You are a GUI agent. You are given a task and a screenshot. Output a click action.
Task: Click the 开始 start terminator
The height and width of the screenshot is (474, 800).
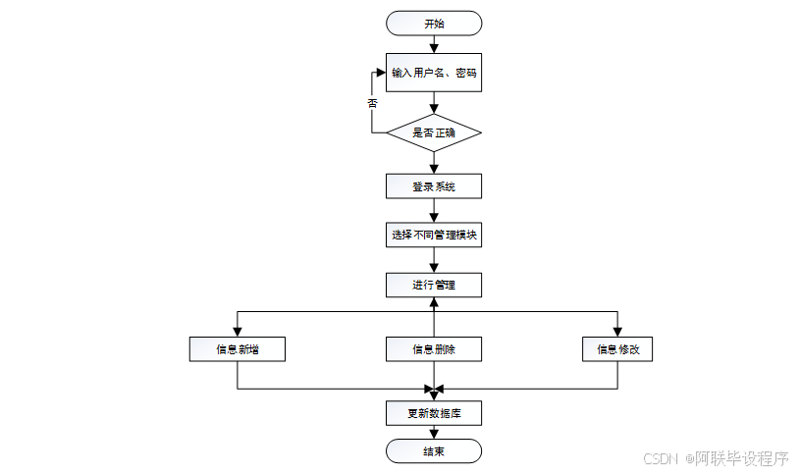coord(433,23)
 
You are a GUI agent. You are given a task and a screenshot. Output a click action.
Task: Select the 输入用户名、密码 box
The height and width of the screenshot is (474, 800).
coord(433,72)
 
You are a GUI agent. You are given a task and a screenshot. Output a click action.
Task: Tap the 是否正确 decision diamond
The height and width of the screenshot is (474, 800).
coord(433,132)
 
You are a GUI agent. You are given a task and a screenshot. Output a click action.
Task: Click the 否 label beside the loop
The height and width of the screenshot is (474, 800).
coord(373,102)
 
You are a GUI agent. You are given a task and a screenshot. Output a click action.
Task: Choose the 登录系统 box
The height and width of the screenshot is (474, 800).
coord(433,186)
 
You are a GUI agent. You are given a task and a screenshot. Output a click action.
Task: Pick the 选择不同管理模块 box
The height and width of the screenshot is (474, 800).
coord(433,235)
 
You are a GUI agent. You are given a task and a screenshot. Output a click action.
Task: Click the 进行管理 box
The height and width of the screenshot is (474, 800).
coord(433,285)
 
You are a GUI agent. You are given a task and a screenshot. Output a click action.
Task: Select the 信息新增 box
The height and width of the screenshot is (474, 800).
coord(238,348)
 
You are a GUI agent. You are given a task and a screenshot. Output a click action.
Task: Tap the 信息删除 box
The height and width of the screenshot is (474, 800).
coord(433,348)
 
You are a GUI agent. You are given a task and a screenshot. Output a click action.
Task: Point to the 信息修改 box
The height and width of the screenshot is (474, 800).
coord(617,348)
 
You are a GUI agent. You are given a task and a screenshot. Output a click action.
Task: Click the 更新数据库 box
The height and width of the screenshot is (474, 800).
coord(433,413)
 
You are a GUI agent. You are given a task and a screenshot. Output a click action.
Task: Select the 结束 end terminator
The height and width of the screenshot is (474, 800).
coord(433,450)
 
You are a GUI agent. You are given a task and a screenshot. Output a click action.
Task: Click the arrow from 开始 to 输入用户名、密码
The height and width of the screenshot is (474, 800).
coord(433,43)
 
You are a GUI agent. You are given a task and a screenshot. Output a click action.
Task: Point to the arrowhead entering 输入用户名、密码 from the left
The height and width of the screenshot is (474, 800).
coord(380,72)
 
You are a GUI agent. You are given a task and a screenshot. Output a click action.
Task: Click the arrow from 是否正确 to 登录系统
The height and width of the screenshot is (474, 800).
coord(433,163)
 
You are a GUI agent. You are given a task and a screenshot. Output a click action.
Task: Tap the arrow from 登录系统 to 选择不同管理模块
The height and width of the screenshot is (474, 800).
coord(433,211)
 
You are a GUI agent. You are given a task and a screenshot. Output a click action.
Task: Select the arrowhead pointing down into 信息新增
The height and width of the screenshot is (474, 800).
coord(238,331)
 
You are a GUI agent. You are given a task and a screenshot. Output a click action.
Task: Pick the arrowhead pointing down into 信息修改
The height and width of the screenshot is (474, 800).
coord(617,331)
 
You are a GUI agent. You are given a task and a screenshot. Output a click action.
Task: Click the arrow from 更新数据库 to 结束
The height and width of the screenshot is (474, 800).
coord(433,432)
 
